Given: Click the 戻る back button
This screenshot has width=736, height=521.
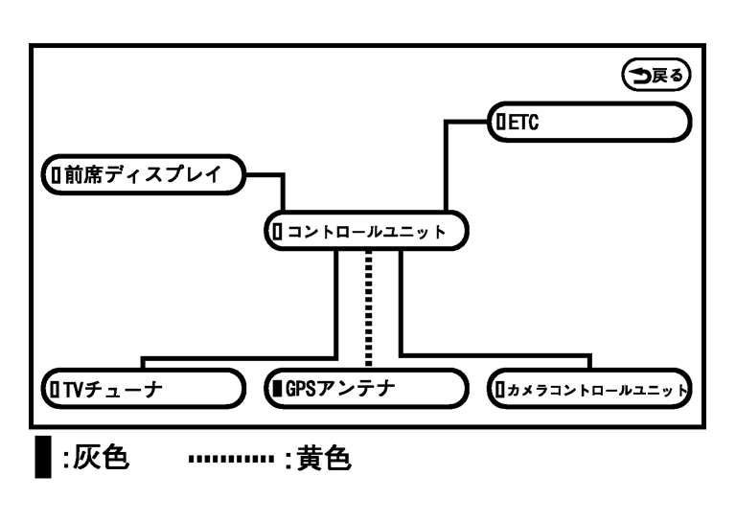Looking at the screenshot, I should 656,74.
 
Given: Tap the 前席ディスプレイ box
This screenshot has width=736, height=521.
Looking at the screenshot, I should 144,174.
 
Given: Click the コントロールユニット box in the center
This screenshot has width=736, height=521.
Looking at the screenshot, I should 367,232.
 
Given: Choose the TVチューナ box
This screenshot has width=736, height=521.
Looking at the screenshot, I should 141,389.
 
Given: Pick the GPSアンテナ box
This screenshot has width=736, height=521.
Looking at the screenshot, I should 365,389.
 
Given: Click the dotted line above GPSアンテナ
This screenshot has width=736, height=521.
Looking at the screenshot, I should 367,306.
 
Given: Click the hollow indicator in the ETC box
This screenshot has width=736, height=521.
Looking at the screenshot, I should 498,122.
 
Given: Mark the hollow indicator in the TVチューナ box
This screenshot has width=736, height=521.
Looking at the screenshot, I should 56,390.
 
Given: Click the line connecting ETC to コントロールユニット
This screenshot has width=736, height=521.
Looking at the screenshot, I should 446,163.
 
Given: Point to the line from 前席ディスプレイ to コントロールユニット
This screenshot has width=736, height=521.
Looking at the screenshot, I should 284,192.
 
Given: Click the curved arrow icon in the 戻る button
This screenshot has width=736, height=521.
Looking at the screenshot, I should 637,74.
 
